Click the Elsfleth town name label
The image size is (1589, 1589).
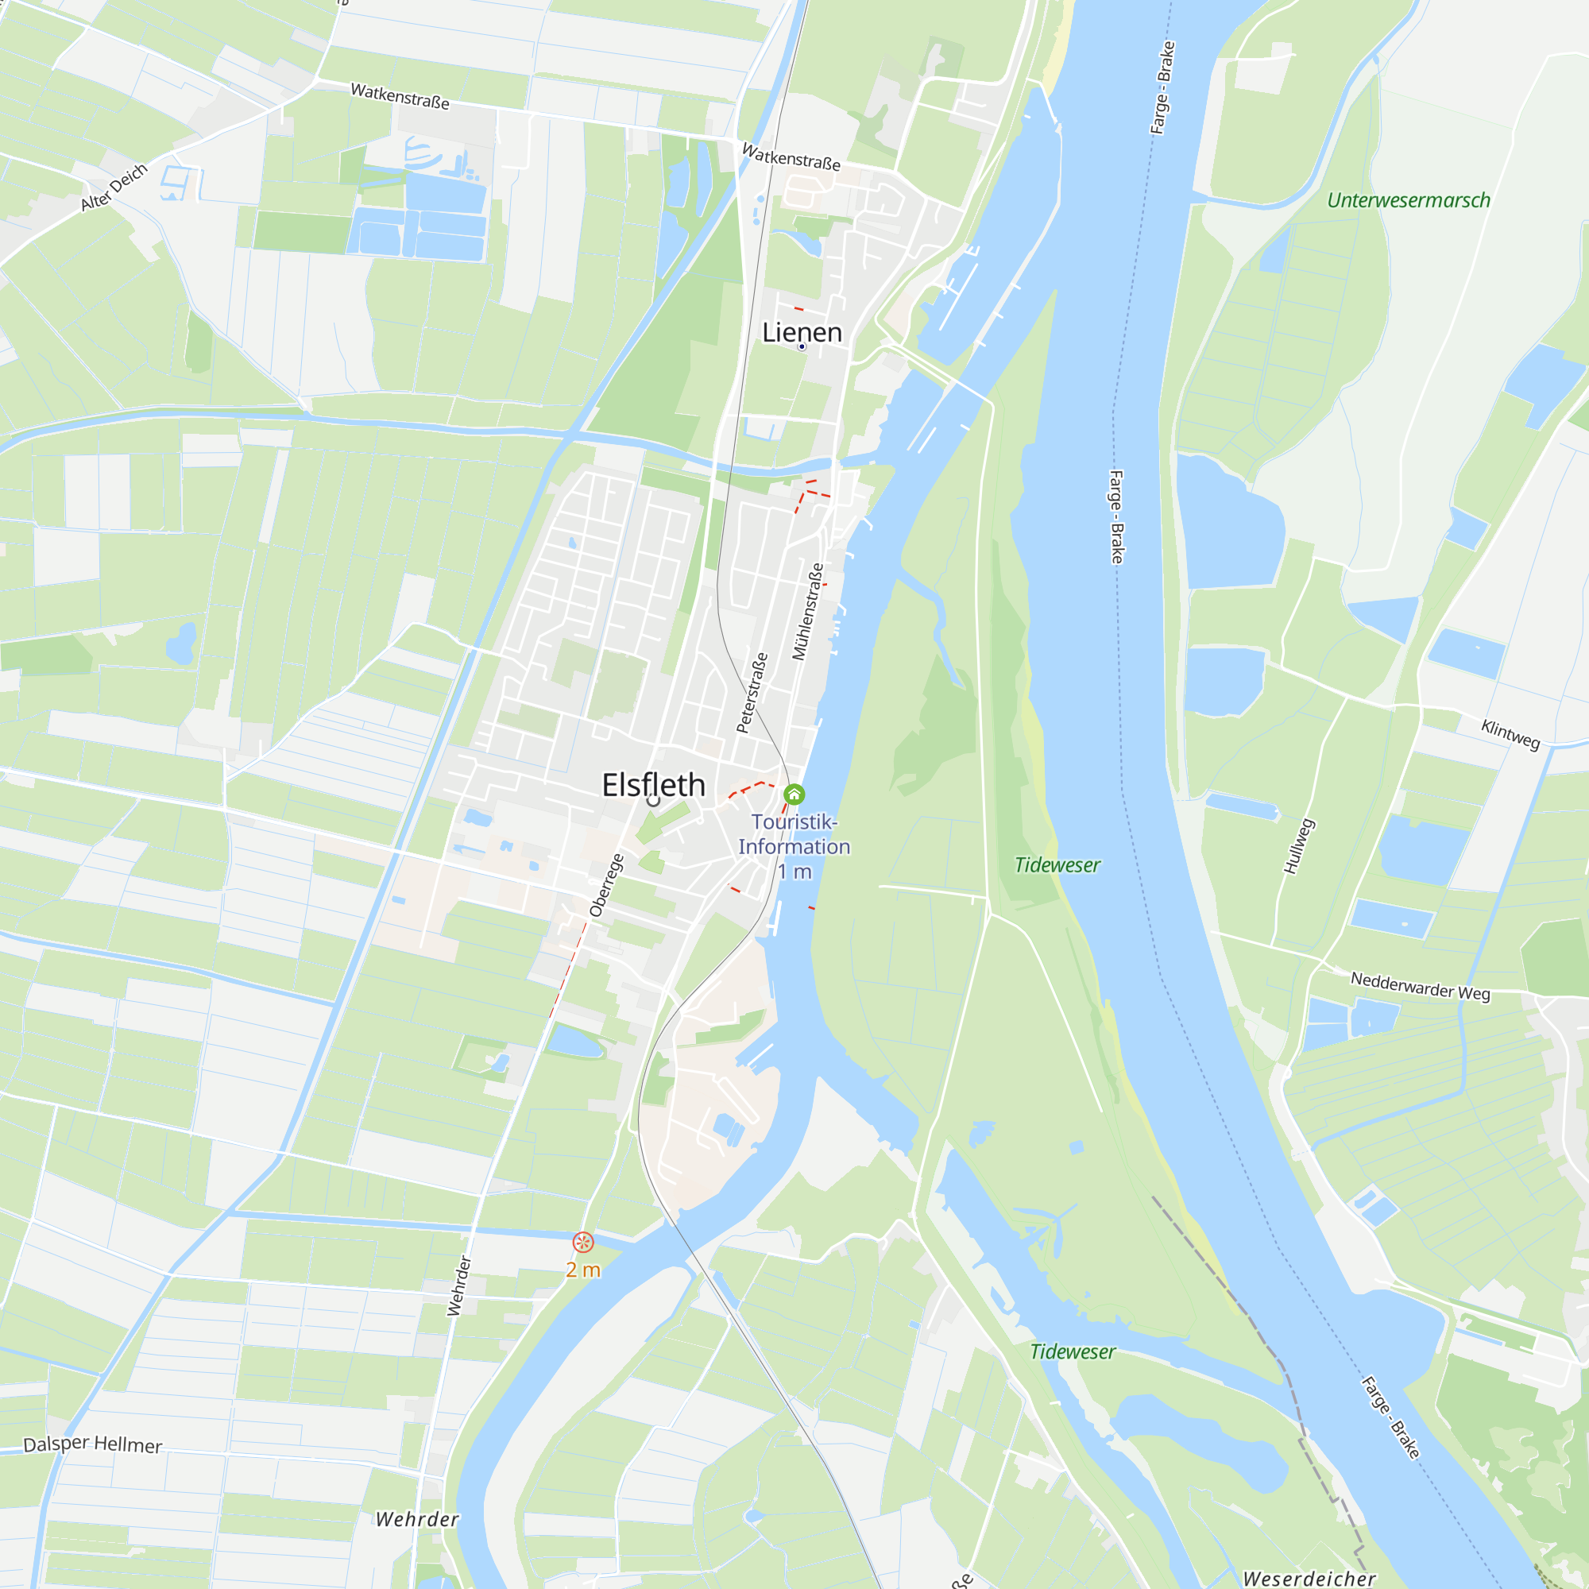[x=654, y=785]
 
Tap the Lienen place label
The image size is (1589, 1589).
[x=802, y=332]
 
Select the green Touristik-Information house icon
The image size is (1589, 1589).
[x=794, y=794]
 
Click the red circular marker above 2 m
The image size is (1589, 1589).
[x=583, y=1242]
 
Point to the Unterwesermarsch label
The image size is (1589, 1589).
[x=1408, y=201]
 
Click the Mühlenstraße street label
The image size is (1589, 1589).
[x=808, y=611]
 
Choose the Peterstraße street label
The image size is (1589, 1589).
[x=752, y=693]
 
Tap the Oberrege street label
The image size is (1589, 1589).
[x=606, y=886]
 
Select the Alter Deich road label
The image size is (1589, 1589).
[x=114, y=187]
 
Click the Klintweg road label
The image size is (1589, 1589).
[x=1510, y=733]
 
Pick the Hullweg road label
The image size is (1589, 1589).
[x=1300, y=845]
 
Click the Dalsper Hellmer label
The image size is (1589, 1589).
[x=92, y=1444]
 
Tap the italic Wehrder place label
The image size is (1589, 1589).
[x=417, y=1519]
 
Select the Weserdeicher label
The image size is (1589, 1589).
[x=1309, y=1579]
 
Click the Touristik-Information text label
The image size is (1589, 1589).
[x=794, y=834]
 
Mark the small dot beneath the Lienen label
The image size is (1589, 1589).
[x=802, y=347]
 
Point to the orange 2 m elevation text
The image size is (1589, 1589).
[x=583, y=1270]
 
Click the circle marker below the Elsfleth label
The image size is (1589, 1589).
[x=654, y=800]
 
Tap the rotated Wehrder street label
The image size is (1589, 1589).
[x=459, y=1286]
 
